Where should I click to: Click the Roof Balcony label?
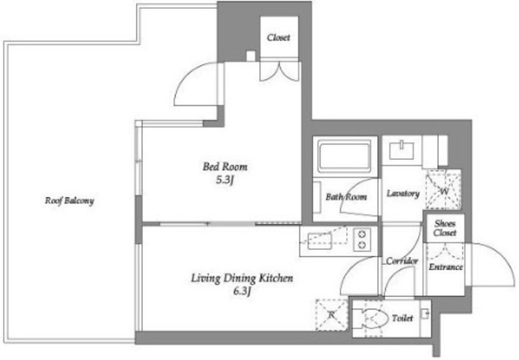(x=70, y=201)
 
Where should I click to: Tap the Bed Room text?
(x=225, y=166)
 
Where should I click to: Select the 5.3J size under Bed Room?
(x=225, y=180)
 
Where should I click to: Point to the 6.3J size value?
(x=242, y=292)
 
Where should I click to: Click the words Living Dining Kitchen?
(x=242, y=278)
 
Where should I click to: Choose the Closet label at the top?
(x=278, y=37)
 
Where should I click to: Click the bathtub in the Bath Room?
(x=344, y=156)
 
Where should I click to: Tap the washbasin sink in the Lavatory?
(x=401, y=150)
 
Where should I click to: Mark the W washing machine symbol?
(x=444, y=190)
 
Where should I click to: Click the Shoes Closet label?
(x=445, y=228)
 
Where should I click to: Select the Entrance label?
(x=445, y=267)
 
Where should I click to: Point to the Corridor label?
(x=402, y=261)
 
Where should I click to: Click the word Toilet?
(x=402, y=318)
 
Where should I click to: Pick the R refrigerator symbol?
(x=332, y=315)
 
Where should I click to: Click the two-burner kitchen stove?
(x=362, y=239)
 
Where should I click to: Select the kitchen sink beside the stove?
(x=320, y=241)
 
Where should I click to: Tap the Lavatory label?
(x=403, y=193)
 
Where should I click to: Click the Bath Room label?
(x=346, y=197)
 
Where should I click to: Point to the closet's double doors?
(x=279, y=71)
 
